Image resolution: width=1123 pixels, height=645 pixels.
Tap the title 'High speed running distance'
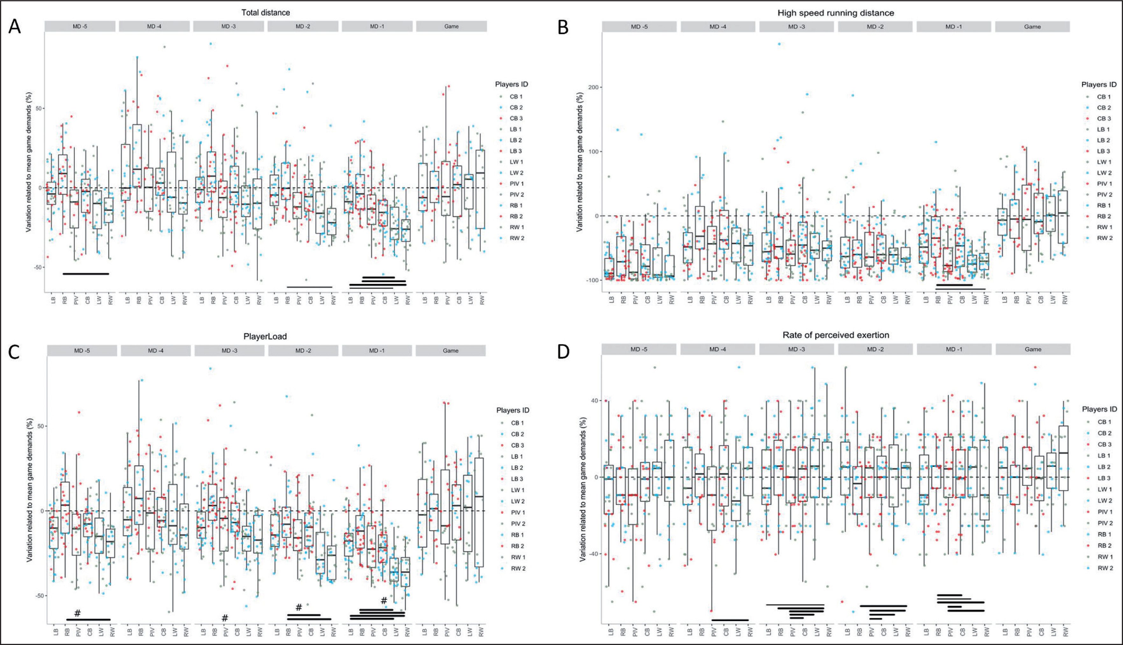point(835,13)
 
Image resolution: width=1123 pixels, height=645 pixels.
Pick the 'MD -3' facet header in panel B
point(796,27)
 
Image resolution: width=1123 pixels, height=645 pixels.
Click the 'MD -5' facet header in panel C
point(82,350)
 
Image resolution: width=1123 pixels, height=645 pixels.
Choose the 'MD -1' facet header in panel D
point(954,349)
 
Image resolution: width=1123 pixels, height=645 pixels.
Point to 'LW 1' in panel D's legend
point(1104,489)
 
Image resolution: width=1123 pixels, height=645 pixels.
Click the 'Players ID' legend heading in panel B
point(1098,85)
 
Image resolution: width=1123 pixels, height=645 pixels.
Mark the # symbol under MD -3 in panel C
point(225,618)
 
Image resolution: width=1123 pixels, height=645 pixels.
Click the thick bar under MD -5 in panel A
point(86,274)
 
